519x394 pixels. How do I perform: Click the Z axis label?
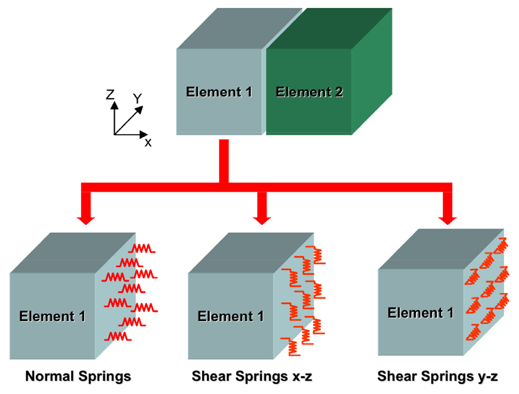(x=110, y=95)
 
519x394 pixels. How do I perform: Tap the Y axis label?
(x=137, y=98)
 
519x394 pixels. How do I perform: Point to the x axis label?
(x=148, y=143)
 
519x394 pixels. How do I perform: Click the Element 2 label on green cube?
(x=309, y=92)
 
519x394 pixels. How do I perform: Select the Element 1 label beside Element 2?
(x=219, y=92)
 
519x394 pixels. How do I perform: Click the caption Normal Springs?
(x=78, y=376)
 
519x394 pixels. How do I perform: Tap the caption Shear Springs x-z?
(x=252, y=376)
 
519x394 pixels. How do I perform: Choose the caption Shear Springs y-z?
(x=438, y=376)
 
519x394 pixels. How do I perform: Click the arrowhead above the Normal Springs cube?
(x=86, y=221)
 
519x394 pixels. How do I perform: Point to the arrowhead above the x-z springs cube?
(x=262, y=221)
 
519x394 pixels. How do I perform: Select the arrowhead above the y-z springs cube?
(x=447, y=221)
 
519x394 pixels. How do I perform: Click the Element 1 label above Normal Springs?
(x=52, y=316)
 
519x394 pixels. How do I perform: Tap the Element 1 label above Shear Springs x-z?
(x=231, y=316)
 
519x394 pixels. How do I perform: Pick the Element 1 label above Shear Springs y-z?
(x=420, y=313)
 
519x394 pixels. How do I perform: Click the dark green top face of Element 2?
(x=330, y=29)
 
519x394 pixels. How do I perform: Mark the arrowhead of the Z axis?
(x=115, y=105)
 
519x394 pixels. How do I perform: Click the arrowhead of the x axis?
(x=144, y=134)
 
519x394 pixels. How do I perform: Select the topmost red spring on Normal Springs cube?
(x=142, y=248)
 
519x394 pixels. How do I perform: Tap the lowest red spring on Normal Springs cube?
(x=118, y=337)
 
